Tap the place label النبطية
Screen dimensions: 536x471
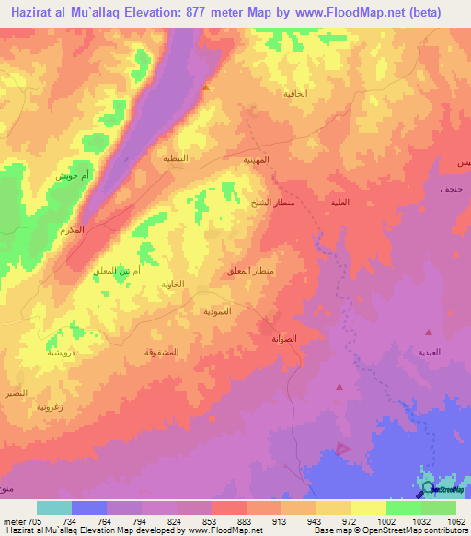176,157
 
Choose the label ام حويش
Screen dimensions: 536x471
71,175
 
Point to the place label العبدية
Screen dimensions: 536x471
430,353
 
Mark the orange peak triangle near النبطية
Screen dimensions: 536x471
206,88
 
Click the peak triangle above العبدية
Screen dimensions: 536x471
428,331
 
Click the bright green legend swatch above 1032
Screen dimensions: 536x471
403,507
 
